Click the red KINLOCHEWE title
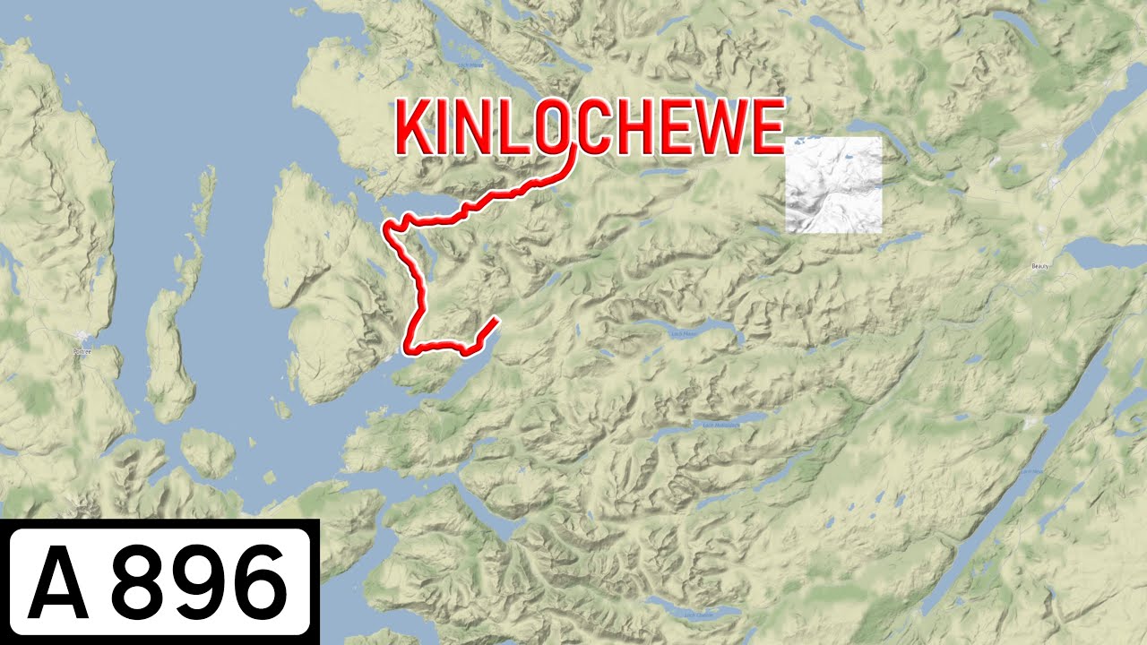[590, 127]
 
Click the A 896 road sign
[159, 582]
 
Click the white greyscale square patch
[833, 185]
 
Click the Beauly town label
[1039, 266]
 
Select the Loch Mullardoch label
[718, 425]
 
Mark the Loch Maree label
[470, 64]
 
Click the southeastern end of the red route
[496, 320]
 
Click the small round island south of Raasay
[209, 452]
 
